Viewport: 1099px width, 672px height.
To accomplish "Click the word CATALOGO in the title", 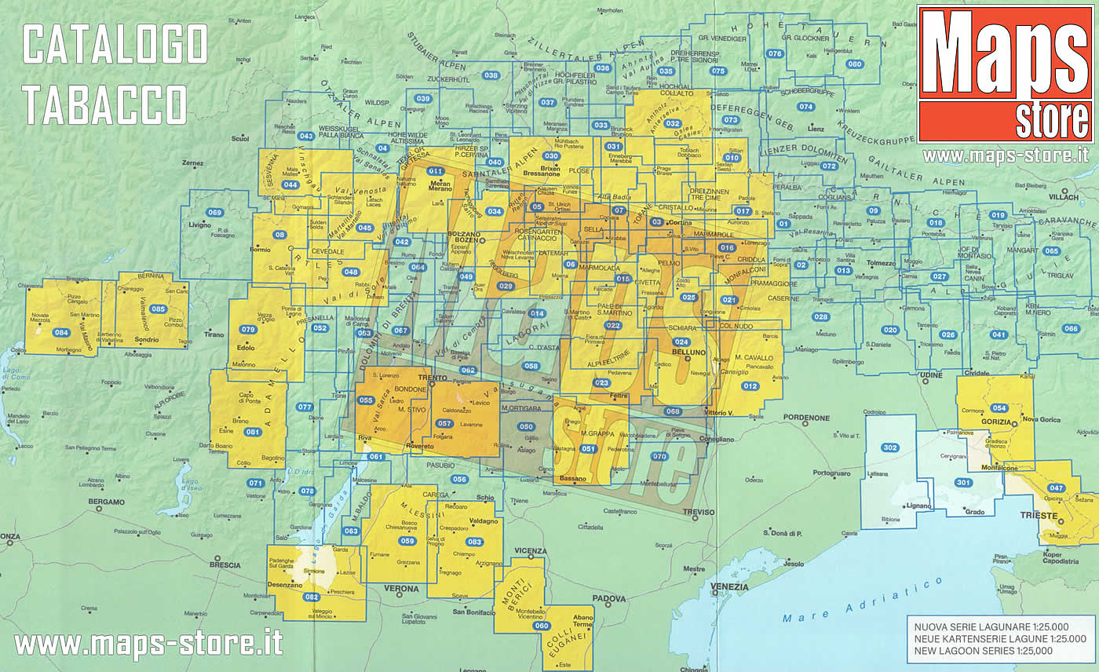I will coord(115,45).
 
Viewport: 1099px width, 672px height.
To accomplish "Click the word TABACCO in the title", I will coord(104,104).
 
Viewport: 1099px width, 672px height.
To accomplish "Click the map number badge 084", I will coord(61,333).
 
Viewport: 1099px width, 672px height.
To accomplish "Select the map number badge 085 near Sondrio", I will coord(159,309).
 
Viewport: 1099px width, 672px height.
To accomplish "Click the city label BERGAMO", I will coord(107,502).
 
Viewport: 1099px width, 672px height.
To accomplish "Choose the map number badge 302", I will coord(889,448).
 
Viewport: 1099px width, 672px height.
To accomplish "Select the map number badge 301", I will coord(963,482).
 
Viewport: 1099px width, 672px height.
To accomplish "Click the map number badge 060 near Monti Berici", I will coord(541,626).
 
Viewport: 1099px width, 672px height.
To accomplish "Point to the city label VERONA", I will coord(401,589).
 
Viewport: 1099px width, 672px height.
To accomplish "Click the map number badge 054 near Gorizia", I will coord(999,408).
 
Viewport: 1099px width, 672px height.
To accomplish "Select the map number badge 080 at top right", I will coord(854,64).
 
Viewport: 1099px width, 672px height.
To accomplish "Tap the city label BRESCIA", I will coord(225,564).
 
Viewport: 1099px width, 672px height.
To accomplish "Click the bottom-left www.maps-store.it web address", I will coord(148,644).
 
